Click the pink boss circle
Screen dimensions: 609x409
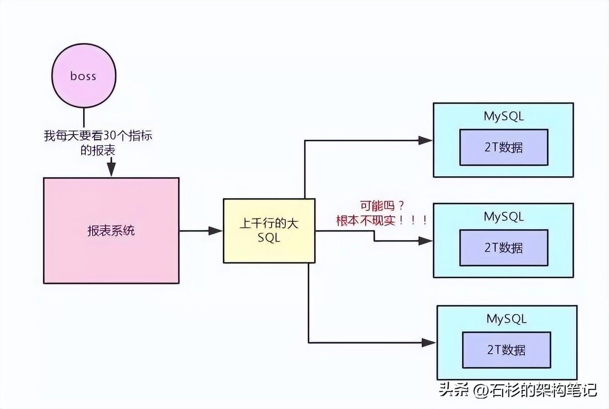click(84, 76)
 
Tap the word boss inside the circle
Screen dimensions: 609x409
click(83, 76)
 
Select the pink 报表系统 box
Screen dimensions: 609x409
click(111, 231)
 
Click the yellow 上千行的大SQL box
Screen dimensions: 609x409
click(269, 231)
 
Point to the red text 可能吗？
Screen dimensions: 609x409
click(382, 206)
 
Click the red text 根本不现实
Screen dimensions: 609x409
click(366, 220)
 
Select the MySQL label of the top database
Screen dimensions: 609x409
click(504, 116)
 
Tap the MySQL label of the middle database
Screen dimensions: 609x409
click(504, 217)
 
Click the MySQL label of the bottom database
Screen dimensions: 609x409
click(506, 319)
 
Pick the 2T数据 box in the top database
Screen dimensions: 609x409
click(504, 147)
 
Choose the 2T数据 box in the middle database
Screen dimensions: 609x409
click(504, 247)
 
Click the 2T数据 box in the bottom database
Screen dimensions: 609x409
click(506, 350)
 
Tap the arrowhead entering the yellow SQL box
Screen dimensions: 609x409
click(215, 231)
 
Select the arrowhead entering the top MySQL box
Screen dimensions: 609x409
click(425, 141)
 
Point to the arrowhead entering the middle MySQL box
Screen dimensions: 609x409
click(425, 241)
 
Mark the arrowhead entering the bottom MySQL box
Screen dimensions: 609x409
click(429, 343)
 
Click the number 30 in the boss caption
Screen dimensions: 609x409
click(110, 135)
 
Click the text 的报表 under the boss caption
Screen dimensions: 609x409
click(98, 150)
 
